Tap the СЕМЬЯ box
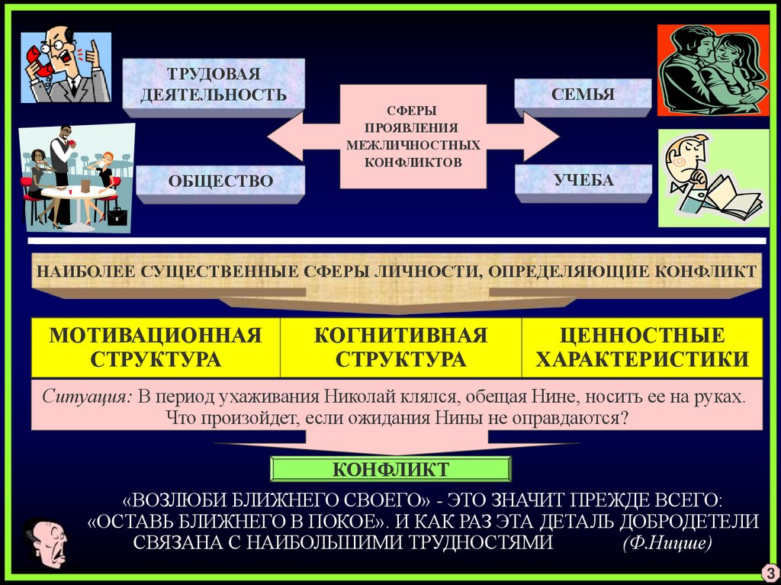[x=583, y=95]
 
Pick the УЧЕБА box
[x=584, y=181]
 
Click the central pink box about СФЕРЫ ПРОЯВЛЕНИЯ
[x=413, y=137]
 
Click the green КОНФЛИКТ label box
[x=390, y=468]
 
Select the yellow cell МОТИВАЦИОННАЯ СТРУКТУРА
[x=156, y=347]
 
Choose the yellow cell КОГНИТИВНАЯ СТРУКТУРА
[x=401, y=347]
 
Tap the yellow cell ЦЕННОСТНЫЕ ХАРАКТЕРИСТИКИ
[x=642, y=347]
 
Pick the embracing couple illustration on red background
[x=713, y=70]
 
